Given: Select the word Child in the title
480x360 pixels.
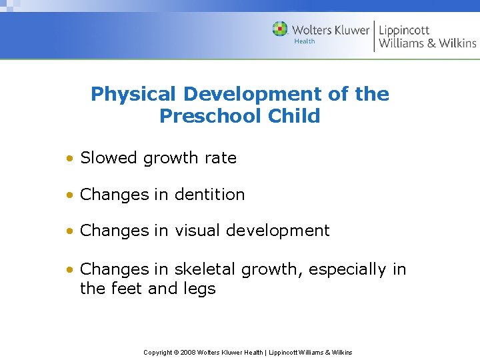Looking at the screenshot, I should point(294,116).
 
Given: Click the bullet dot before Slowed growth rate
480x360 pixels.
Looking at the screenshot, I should point(70,159).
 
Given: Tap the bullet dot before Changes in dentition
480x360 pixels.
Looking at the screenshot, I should point(70,195).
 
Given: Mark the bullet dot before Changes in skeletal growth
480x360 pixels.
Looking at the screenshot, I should point(70,270).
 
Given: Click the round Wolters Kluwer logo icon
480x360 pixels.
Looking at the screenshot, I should point(280,29).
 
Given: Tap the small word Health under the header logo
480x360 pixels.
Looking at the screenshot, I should point(305,41).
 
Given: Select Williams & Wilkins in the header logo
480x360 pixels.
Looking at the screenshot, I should point(427,43).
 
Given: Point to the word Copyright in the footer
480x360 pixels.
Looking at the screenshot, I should point(157,352).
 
